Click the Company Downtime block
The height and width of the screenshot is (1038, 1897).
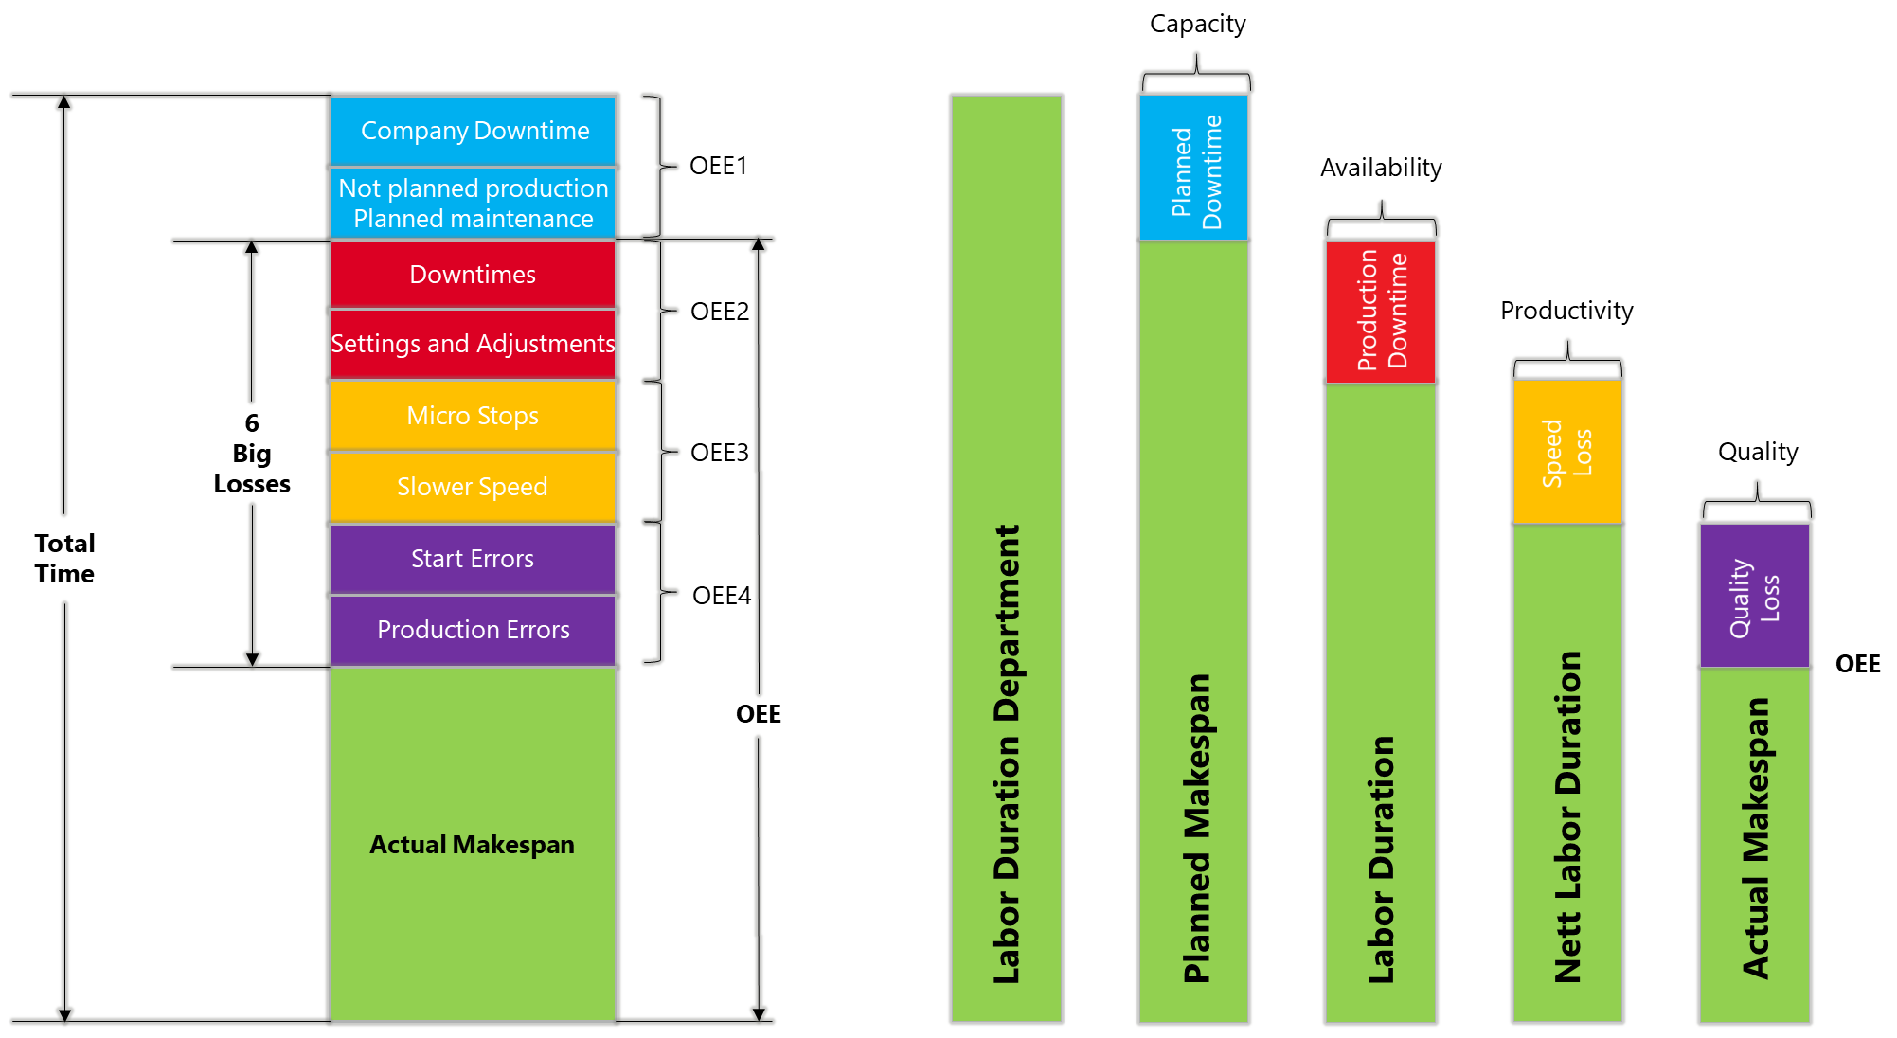[474, 131]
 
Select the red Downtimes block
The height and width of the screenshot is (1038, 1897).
[473, 275]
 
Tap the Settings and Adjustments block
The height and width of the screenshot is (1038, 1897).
[473, 344]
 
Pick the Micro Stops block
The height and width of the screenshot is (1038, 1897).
[473, 416]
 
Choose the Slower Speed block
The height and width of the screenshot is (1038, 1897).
[473, 487]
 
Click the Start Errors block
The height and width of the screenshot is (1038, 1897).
[473, 559]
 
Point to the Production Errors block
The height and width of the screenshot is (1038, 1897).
[473, 630]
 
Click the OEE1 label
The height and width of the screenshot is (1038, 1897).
[718, 166]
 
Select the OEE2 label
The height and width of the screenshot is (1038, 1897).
[720, 312]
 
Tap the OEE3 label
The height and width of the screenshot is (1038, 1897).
[720, 453]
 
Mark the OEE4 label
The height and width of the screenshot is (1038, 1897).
[722, 596]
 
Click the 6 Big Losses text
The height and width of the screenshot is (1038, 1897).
[252, 454]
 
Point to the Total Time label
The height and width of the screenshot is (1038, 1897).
[64, 559]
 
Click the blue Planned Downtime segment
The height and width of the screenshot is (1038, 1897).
[1194, 169]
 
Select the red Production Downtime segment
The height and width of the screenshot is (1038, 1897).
[1381, 311]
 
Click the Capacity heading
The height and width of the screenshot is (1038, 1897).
[1197, 24]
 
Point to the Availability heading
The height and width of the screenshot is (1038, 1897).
[1381, 168]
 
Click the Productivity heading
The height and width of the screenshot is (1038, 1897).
[1566, 311]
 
